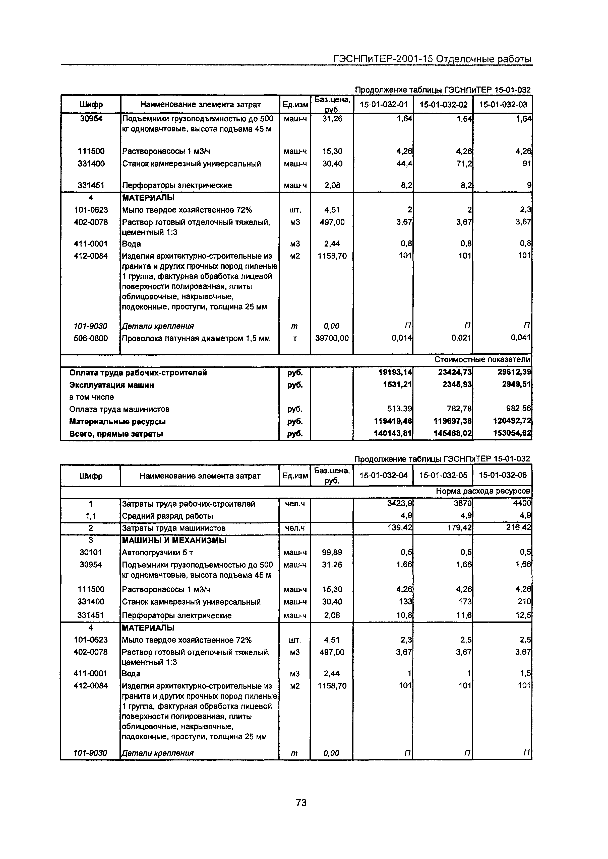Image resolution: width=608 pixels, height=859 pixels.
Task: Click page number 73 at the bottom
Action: (x=301, y=803)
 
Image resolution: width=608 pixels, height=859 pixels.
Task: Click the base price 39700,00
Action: (x=332, y=338)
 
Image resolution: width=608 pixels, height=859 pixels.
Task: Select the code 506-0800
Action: (x=91, y=338)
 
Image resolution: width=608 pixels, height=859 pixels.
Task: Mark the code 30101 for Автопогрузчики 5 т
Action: (x=91, y=552)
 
